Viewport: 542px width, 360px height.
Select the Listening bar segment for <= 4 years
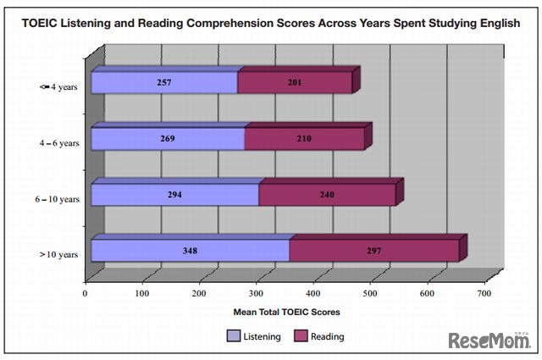(x=164, y=83)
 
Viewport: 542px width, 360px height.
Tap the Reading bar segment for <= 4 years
(x=295, y=83)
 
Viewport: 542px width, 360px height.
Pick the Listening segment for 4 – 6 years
(x=168, y=139)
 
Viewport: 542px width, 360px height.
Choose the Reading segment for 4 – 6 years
(x=304, y=139)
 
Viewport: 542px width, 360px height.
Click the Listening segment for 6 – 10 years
(x=174, y=195)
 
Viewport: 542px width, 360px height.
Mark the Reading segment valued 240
(x=327, y=195)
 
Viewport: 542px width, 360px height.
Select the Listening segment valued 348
(x=190, y=251)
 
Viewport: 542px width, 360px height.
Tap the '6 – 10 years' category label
(x=57, y=199)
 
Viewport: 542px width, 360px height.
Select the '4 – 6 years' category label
(x=58, y=143)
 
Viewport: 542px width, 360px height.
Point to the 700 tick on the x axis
(x=484, y=294)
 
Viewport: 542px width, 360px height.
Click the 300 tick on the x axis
(x=256, y=294)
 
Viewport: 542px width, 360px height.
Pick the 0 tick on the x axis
(x=86, y=294)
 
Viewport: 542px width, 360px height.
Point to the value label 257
(x=164, y=83)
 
